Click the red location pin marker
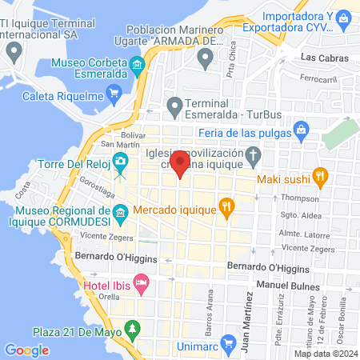pos(180,164)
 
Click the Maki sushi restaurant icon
pos(319,175)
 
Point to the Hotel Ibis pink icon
pos(141,282)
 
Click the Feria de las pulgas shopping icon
pos(301,129)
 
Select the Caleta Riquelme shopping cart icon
pos(113,93)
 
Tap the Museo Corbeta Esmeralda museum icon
pos(138,64)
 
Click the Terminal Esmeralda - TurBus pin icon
pos(174,104)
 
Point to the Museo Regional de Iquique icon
pos(120,212)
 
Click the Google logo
pos(26,350)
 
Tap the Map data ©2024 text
pos(324,353)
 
